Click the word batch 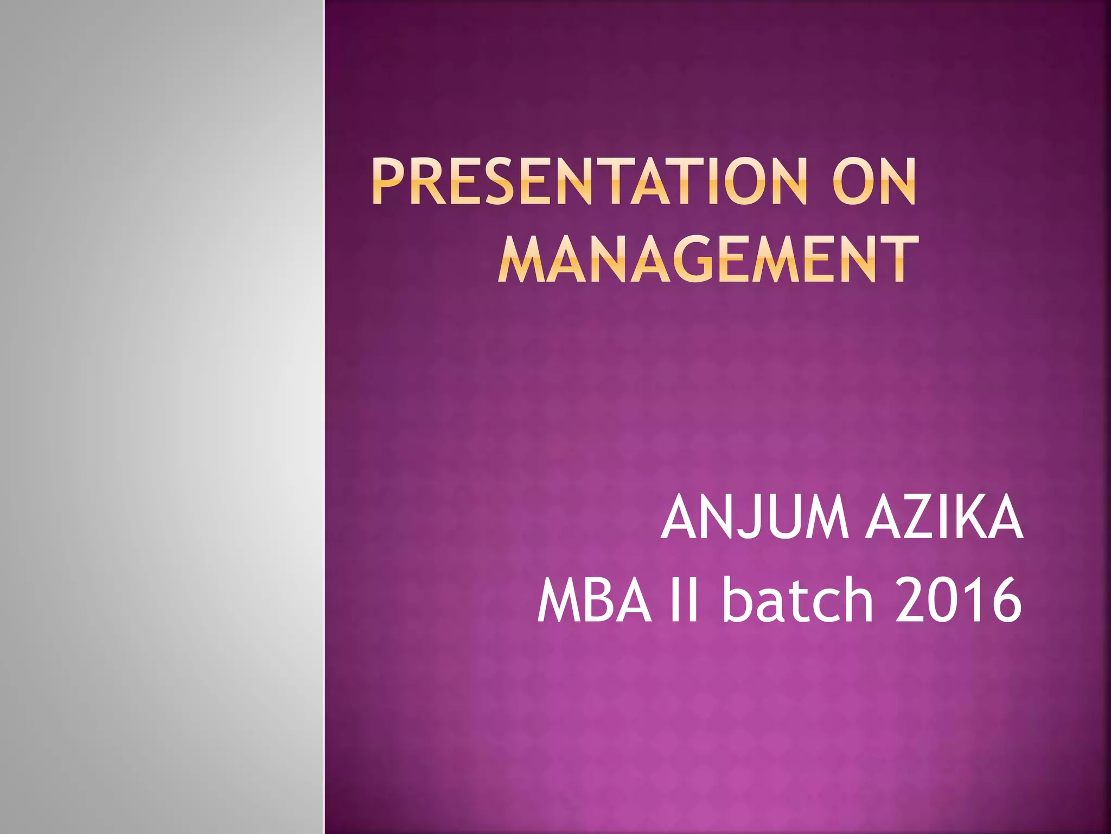coord(797,601)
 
